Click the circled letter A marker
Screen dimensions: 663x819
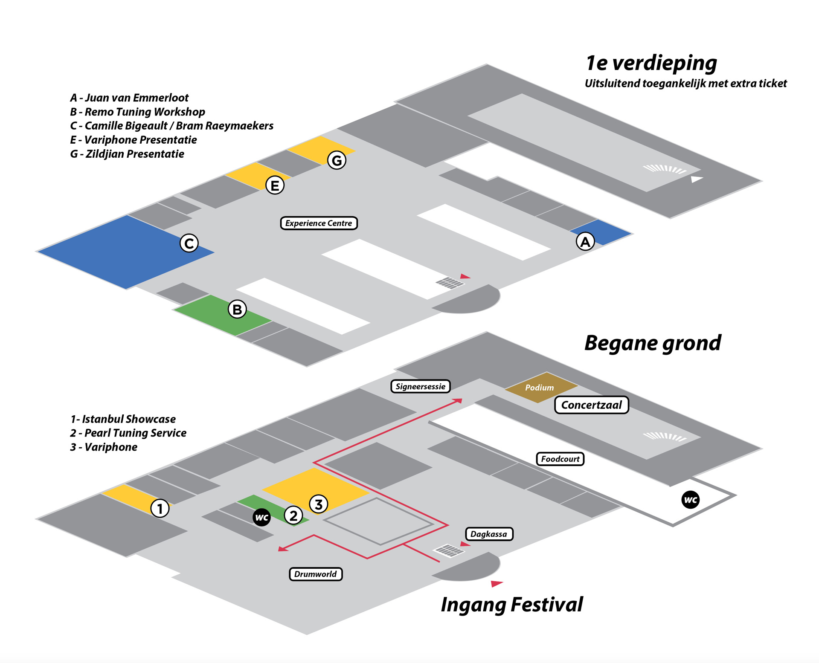pyautogui.click(x=585, y=242)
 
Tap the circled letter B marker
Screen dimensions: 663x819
pyautogui.click(x=237, y=309)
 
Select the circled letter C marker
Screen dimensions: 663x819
pyautogui.click(x=189, y=243)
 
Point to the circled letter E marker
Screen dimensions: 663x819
pyautogui.click(x=275, y=185)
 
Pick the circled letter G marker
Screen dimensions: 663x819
pyautogui.click(x=337, y=160)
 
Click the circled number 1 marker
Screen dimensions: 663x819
pyautogui.click(x=160, y=508)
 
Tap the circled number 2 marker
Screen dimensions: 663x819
pyautogui.click(x=293, y=515)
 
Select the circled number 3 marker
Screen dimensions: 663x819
pyautogui.click(x=318, y=504)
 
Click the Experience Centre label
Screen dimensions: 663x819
pyautogui.click(x=319, y=223)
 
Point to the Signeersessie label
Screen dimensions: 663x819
pyautogui.click(x=420, y=386)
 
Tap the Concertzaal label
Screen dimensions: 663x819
pyautogui.click(x=591, y=405)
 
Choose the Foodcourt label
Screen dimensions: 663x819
pyautogui.click(x=560, y=459)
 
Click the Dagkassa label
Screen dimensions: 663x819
pyautogui.click(x=489, y=534)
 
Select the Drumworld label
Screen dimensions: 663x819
pyautogui.click(x=315, y=574)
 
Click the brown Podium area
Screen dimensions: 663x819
pyautogui.click(x=540, y=387)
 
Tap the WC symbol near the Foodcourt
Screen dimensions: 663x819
pyautogui.click(x=691, y=500)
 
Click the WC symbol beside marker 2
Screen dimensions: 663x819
pyautogui.click(x=261, y=517)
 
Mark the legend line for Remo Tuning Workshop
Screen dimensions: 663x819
pyautogui.click(x=137, y=112)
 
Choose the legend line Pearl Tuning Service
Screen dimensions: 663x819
pyautogui.click(x=128, y=433)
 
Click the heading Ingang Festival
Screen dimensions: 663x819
pyautogui.click(x=511, y=604)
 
